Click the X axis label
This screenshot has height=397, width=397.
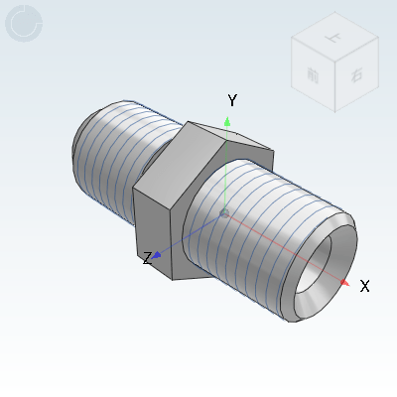click(x=364, y=286)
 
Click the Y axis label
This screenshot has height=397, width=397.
click(x=232, y=100)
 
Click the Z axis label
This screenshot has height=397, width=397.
click(x=147, y=258)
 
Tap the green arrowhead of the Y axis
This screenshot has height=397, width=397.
click(x=227, y=122)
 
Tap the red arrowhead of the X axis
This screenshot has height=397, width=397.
click(x=343, y=283)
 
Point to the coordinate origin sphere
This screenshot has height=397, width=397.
click(x=225, y=212)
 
